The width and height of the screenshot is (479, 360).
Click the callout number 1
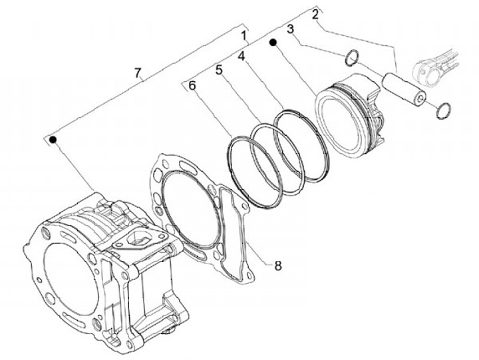tap(243, 36)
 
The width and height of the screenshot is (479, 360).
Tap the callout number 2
tap(315, 15)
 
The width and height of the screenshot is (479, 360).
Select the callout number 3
tap(291, 29)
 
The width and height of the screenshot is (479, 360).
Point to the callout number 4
tap(241, 56)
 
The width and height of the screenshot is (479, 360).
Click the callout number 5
tap(219, 70)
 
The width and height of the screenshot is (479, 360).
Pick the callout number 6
tap(192, 86)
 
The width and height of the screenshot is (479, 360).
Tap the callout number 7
tap(138, 73)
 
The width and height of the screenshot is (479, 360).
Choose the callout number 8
tap(277, 266)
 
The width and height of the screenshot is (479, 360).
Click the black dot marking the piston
tap(273, 42)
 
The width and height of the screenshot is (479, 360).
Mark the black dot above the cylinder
tap(53, 140)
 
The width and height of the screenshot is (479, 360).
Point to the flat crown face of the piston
tap(340, 124)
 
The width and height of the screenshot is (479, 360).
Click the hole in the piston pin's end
tap(420, 98)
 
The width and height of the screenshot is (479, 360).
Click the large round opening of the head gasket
tap(192, 209)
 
